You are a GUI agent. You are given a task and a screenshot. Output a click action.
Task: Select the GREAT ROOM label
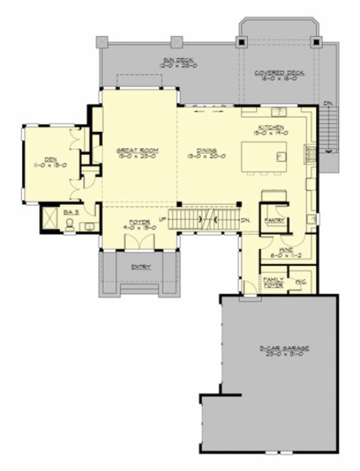click(x=137, y=151)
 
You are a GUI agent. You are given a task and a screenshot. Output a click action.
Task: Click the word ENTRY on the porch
click(x=141, y=268)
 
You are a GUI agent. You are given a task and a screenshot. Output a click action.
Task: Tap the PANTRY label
click(x=273, y=221)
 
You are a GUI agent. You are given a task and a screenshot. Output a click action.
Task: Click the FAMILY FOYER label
click(x=273, y=282)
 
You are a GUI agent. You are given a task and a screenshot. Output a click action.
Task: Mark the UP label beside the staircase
click(x=162, y=218)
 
